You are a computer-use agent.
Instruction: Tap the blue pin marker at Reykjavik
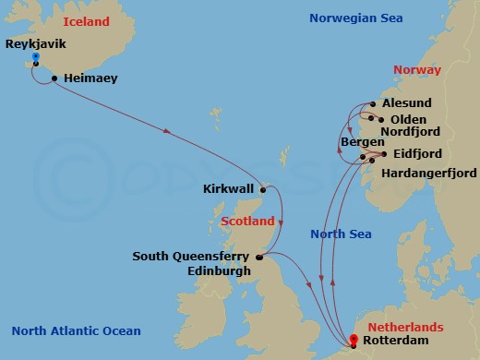35,58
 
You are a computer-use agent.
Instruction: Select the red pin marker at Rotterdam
351,340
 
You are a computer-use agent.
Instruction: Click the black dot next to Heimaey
55,78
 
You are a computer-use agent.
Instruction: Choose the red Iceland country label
85,21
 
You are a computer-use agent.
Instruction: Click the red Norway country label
417,69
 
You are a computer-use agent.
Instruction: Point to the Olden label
408,119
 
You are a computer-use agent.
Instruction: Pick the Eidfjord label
416,153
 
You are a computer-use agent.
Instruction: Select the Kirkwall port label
228,189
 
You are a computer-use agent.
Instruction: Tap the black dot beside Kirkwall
264,189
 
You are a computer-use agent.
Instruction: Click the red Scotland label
247,222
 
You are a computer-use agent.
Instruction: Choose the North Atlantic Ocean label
77,331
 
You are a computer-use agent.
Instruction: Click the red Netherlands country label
405,327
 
